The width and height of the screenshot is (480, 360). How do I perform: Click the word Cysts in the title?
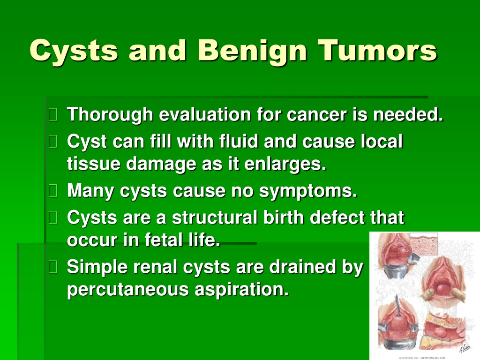(x=74, y=51)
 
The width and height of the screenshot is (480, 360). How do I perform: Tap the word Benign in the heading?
(x=252, y=51)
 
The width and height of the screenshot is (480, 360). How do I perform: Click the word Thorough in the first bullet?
(x=110, y=115)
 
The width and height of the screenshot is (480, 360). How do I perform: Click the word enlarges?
(x=285, y=165)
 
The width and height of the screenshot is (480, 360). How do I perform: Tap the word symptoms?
(x=308, y=191)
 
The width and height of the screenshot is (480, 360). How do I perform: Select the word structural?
(x=215, y=217)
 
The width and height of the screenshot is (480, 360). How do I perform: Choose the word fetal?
(x=164, y=240)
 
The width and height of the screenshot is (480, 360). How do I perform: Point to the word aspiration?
(x=242, y=290)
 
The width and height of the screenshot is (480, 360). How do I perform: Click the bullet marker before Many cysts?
(x=53, y=191)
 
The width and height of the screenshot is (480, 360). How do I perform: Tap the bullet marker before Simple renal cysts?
(x=53, y=267)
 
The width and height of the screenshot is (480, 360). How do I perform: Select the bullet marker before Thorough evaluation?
(x=53, y=115)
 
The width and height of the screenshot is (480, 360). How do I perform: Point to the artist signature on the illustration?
(x=464, y=348)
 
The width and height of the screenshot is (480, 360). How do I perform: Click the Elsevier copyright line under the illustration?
(x=422, y=358)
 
